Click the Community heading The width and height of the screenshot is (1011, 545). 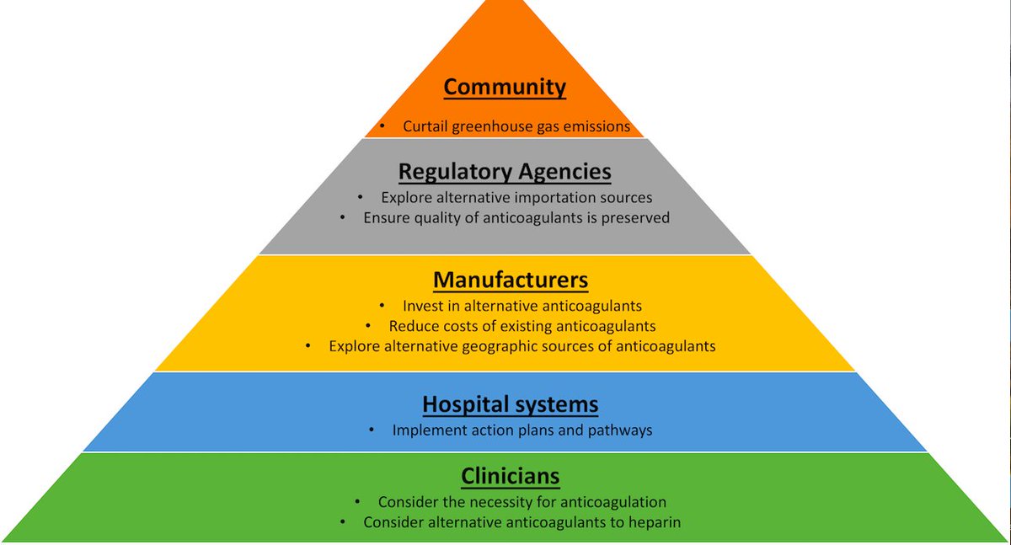(505, 87)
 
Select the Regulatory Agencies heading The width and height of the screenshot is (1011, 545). (505, 172)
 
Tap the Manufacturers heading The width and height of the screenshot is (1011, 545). (511, 279)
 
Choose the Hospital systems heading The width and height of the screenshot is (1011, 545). (511, 404)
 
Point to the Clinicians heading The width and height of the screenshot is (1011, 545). (511, 476)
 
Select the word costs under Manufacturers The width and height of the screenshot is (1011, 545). (458, 326)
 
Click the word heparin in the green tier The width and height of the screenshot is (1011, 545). (653, 522)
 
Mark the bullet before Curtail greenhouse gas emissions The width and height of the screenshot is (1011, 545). (382, 126)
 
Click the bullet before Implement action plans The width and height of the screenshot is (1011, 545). (372, 430)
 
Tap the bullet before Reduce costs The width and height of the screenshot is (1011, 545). (368, 326)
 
